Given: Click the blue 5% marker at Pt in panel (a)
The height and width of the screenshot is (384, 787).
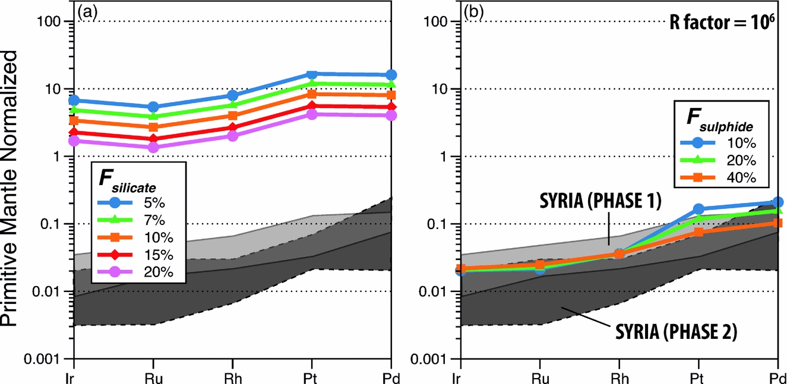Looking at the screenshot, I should (x=311, y=75).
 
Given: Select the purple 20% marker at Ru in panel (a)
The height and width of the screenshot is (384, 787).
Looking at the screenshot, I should (x=153, y=148).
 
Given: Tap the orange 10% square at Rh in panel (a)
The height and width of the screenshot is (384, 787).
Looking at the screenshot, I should (x=232, y=116).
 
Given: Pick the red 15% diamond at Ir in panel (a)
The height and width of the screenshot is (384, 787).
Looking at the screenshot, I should (x=74, y=132).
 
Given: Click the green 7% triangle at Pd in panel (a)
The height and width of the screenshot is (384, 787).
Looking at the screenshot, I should (x=391, y=85).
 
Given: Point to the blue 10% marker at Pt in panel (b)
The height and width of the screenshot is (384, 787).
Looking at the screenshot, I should (x=698, y=209).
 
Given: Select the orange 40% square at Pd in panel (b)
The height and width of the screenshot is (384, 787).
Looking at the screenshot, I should (x=778, y=223).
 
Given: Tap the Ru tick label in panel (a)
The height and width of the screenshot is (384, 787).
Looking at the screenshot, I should (x=153, y=376).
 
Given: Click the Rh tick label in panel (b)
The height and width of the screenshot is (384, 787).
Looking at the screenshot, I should (x=619, y=376).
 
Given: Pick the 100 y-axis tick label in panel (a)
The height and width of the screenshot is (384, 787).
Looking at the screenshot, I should (x=57, y=22).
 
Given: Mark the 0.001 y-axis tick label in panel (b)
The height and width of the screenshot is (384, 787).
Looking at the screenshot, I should (x=435, y=359).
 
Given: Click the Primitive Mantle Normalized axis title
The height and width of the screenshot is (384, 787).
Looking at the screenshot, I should (x=14, y=189).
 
